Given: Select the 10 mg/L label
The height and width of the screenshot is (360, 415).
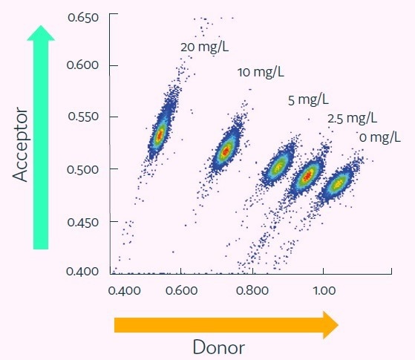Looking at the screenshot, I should pyautogui.click(x=261, y=73).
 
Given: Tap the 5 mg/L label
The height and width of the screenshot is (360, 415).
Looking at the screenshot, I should pyautogui.click(x=308, y=99).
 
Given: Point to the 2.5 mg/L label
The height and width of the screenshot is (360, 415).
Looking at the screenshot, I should pyautogui.click(x=351, y=118).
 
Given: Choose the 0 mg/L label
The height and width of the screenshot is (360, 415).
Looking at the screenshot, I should pyautogui.click(x=379, y=137).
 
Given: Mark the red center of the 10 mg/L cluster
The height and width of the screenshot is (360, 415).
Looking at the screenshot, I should pyautogui.click(x=226, y=151).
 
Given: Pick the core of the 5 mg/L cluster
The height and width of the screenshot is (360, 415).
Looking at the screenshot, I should pyautogui.click(x=278, y=167).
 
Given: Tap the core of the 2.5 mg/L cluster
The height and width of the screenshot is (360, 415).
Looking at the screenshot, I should pyautogui.click(x=307, y=176).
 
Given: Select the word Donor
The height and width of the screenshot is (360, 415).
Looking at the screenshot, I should pyautogui.click(x=219, y=347).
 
